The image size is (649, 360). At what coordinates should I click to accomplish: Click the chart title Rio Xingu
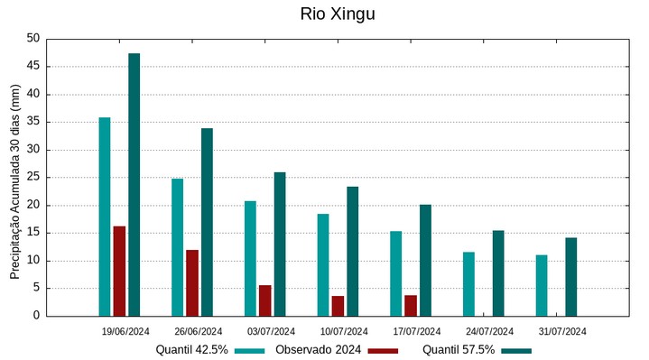click(337, 14)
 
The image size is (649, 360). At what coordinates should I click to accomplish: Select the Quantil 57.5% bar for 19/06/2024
click(134, 185)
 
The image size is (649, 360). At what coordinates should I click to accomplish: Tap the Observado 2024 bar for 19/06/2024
click(119, 271)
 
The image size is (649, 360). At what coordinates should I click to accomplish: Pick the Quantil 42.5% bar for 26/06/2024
click(177, 247)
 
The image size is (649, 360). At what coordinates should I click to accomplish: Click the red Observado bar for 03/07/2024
click(264, 300)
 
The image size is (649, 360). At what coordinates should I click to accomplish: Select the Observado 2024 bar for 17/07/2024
click(411, 305)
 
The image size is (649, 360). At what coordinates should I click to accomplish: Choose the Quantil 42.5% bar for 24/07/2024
click(468, 283)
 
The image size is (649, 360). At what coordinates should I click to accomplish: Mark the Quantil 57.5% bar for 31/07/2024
click(570, 276)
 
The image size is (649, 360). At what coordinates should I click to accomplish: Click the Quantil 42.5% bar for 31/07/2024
click(542, 285)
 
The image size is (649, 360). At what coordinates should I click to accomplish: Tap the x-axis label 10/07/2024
click(344, 331)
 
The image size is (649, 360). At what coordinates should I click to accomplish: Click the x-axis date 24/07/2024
click(489, 331)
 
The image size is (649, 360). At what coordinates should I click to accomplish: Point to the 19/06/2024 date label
click(125, 331)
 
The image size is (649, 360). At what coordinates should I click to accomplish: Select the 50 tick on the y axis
click(33, 39)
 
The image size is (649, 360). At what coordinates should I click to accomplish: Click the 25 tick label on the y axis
click(33, 178)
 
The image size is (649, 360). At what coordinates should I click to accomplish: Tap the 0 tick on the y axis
click(37, 316)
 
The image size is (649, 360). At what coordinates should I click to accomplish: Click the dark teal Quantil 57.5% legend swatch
click(516, 350)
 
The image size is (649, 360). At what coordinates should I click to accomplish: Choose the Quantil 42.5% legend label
click(191, 350)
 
